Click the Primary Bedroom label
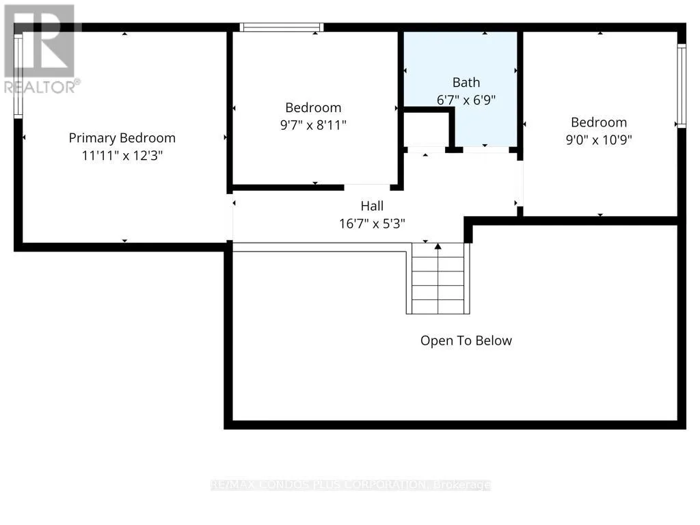(x=122, y=138)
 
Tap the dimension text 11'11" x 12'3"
(x=122, y=155)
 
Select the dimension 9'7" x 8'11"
(x=313, y=124)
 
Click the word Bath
(x=466, y=82)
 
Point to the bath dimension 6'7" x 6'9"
(x=466, y=100)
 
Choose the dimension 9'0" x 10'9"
(x=599, y=139)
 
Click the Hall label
(x=372, y=206)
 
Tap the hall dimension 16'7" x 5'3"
(x=372, y=224)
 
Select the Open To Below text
(x=466, y=340)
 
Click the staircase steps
(x=438, y=279)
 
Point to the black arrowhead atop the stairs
(x=438, y=246)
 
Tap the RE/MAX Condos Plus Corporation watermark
(x=351, y=485)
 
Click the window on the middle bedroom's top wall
(x=282, y=27)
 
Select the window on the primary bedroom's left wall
(x=18, y=76)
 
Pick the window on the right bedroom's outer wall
(x=682, y=86)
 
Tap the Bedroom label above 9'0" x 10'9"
(x=599, y=122)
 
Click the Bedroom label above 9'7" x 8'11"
(x=313, y=107)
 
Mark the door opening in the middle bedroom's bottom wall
(x=367, y=187)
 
